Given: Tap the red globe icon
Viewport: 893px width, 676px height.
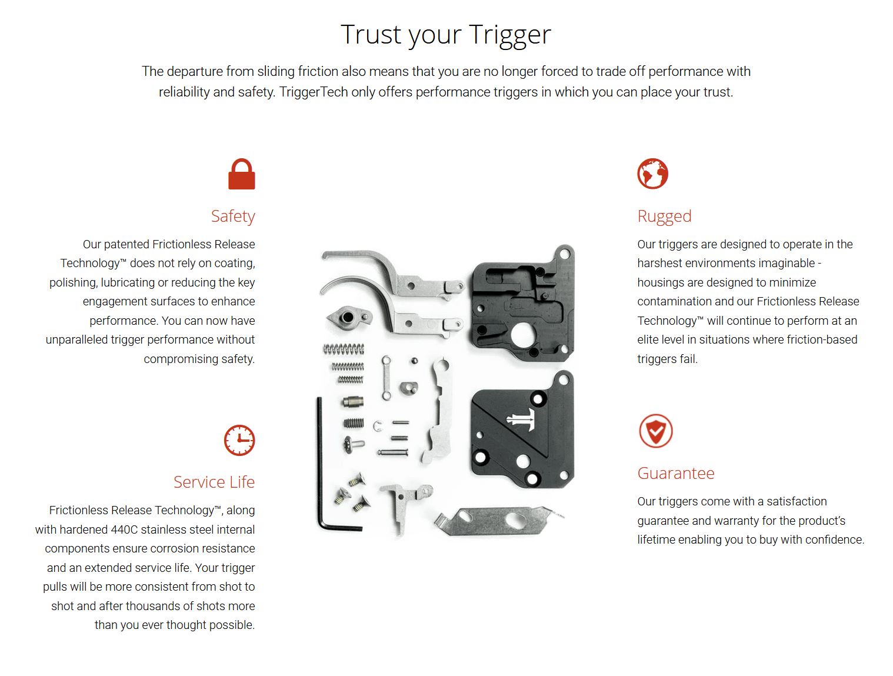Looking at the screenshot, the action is [x=652, y=174].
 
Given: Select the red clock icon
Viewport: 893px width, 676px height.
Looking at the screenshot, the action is [x=239, y=440].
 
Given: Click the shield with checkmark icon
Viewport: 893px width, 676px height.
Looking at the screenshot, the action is [x=655, y=431].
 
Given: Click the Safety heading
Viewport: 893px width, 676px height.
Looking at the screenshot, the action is [x=233, y=217].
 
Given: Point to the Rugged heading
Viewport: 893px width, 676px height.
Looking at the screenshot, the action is [x=664, y=217].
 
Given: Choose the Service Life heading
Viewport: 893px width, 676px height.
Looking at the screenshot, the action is [x=214, y=482].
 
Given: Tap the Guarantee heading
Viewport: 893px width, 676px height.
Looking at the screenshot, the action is [x=676, y=474].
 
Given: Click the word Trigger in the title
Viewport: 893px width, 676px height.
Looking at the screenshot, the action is [x=510, y=35].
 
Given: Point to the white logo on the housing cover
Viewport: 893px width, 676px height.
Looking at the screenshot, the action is [x=522, y=419].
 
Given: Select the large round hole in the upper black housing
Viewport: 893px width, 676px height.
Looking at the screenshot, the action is [x=522, y=335].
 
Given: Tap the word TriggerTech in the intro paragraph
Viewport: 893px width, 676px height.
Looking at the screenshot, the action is [x=314, y=92].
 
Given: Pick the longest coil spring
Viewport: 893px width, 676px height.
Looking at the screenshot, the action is [x=344, y=349].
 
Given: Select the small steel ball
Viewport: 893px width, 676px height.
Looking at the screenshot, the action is [x=414, y=361].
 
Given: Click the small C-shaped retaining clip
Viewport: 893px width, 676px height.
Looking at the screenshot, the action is [x=378, y=426].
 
